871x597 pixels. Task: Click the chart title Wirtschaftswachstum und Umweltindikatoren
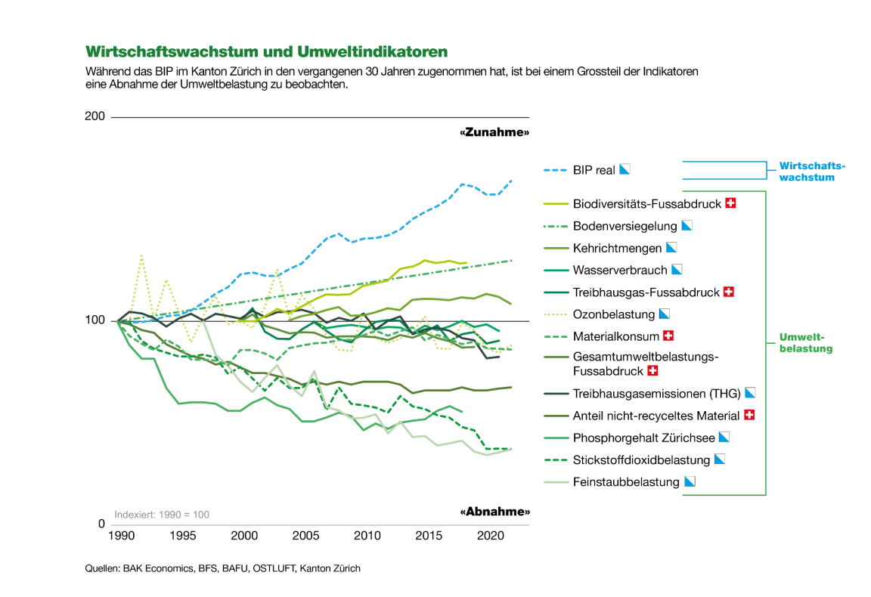click(x=267, y=51)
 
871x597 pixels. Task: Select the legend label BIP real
click(x=594, y=170)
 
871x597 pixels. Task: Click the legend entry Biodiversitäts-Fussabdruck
click(x=646, y=203)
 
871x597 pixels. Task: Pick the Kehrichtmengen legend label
click(x=617, y=248)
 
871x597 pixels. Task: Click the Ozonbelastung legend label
click(x=614, y=314)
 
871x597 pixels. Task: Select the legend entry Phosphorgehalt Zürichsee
click(x=643, y=438)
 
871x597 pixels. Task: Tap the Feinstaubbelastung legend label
click(x=626, y=481)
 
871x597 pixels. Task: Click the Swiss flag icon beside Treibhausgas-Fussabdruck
click(x=730, y=292)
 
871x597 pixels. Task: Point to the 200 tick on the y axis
click(x=96, y=117)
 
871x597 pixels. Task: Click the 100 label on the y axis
click(x=96, y=321)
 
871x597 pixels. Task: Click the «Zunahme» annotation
click(x=494, y=132)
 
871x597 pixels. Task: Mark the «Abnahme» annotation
click(x=494, y=512)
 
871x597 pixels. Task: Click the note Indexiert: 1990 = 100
click(x=162, y=515)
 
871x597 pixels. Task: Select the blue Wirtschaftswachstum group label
click(x=812, y=172)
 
